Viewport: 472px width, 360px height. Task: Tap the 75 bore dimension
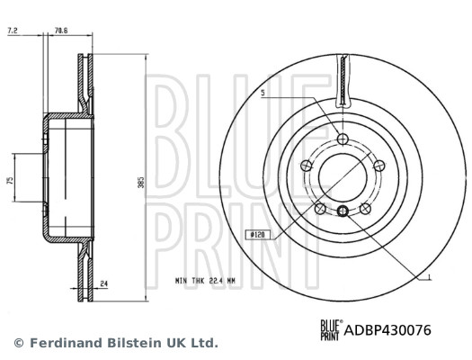10,181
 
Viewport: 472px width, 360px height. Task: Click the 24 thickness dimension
105,285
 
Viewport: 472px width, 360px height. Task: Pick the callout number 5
263,93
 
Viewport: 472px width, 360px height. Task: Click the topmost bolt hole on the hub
343,138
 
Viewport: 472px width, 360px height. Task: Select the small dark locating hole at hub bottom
343,212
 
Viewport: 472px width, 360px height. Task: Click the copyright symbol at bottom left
18,343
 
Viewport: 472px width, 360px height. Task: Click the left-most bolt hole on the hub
306,165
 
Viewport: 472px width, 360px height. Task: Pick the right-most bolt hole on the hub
378,165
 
